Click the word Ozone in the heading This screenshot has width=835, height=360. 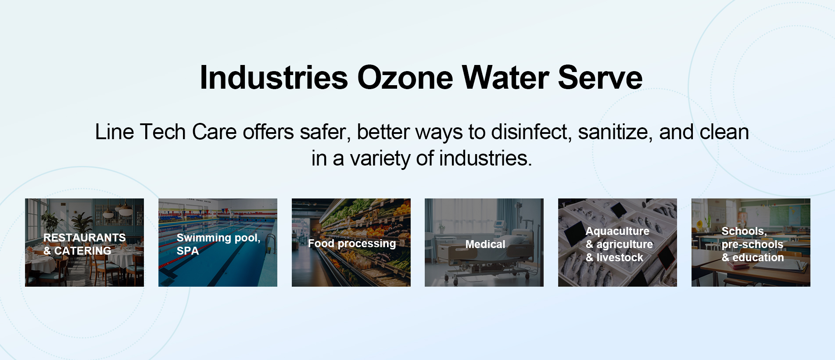tap(405, 78)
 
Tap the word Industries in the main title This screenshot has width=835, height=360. tap(274, 78)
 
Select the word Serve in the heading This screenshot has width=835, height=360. tap(600, 78)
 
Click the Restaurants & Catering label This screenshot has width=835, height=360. tap(84, 244)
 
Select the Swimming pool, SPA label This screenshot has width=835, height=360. tap(218, 244)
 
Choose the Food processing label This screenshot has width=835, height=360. tap(351, 244)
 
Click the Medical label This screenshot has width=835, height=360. tap(485, 245)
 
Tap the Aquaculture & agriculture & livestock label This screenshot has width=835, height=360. tap(619, 244)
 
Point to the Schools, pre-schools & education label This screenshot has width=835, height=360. tap(752, 244)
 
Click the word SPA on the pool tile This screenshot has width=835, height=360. tap(187, 251)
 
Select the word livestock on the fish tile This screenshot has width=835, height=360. tap(620, 258)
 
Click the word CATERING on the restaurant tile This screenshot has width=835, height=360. tap(82, 251)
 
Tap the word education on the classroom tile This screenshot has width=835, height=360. tap(758, 258)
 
